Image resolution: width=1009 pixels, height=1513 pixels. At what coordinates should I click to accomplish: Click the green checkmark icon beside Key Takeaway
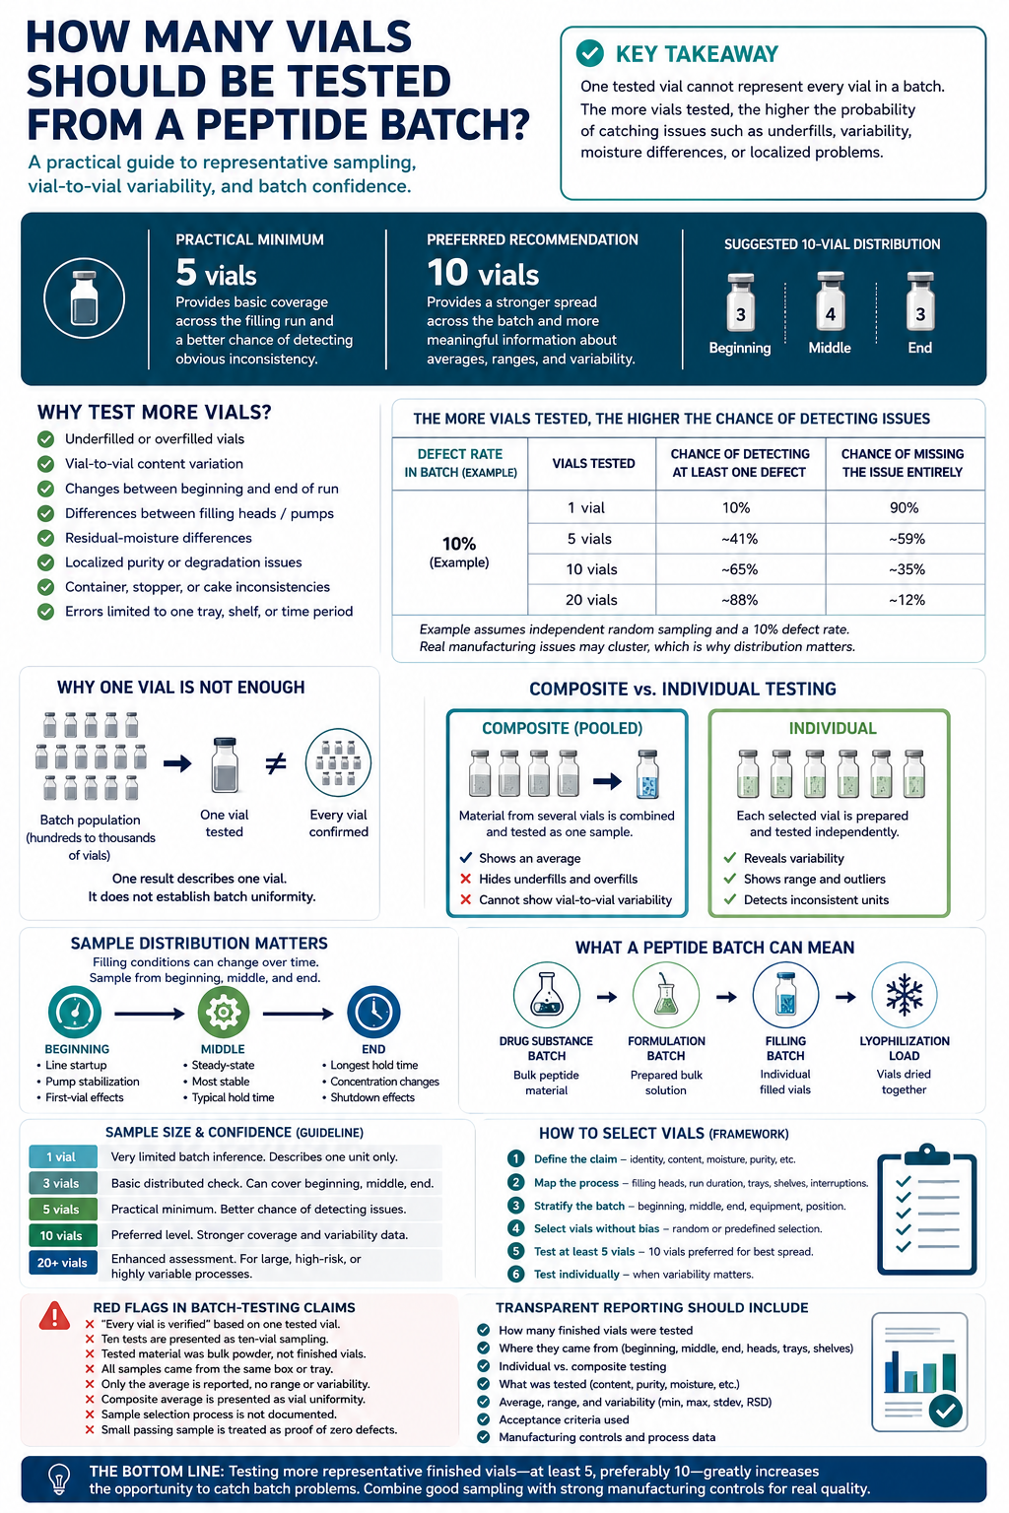click(589, 53)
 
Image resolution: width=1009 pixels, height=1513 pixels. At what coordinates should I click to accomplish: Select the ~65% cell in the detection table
click(739, 569)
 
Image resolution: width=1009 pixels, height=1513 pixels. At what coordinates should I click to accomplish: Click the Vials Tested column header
click(593, 463)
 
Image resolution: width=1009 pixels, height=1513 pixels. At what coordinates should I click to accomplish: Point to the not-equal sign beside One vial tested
click(275, 764)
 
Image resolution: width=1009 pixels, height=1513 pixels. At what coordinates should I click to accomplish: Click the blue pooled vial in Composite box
click(647, 775)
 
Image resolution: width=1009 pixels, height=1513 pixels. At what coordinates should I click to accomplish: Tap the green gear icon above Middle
click(223, 1012)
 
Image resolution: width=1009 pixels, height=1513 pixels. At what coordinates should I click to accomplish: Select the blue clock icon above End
click(373, 1012)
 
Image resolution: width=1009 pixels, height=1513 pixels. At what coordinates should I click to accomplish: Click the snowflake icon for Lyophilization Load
click(905, 995)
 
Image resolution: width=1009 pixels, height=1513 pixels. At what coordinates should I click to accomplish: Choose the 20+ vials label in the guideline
click(62, 1263)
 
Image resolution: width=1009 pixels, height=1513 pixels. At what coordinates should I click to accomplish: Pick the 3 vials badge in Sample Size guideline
click(62, 1183)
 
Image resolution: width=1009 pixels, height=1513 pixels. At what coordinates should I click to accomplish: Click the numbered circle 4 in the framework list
click(515, 1228)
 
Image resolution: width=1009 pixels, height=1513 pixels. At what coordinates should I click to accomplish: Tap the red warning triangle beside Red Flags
click(55, 1316)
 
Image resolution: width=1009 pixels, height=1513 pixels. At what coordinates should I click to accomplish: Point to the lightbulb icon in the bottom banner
click(59, 1479)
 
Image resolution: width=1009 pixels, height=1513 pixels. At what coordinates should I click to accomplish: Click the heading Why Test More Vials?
click(154, 412)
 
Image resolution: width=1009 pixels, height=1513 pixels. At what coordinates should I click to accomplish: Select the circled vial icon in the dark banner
click(85, 297)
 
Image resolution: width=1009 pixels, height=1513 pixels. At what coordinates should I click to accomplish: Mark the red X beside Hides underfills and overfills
click(466, 879)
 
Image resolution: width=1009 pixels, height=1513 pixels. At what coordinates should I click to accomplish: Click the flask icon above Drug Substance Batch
click(547, 995)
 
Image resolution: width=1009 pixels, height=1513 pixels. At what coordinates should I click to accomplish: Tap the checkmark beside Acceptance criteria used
click(483, 1419)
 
